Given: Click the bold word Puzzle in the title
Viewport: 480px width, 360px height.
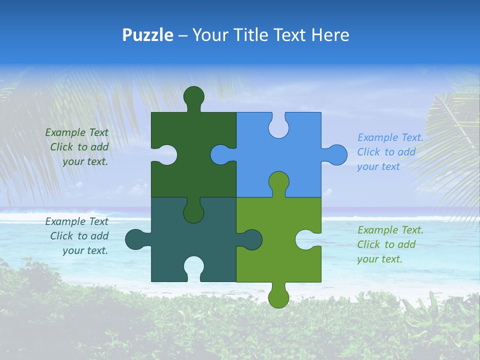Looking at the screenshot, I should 147,35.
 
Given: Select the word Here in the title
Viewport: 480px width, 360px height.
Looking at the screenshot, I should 330,35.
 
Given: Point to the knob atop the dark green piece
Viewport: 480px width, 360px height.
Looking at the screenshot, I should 193,96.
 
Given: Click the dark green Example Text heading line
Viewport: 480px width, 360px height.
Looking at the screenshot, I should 76,132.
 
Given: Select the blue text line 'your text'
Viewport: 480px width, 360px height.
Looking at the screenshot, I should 378,166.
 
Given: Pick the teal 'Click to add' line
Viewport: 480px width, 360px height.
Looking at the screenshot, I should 79,236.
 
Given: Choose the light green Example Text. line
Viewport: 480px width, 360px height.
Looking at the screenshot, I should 390,230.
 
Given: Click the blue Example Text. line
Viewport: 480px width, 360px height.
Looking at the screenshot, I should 390,137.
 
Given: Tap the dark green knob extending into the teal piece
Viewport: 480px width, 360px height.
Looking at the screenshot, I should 193,212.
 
